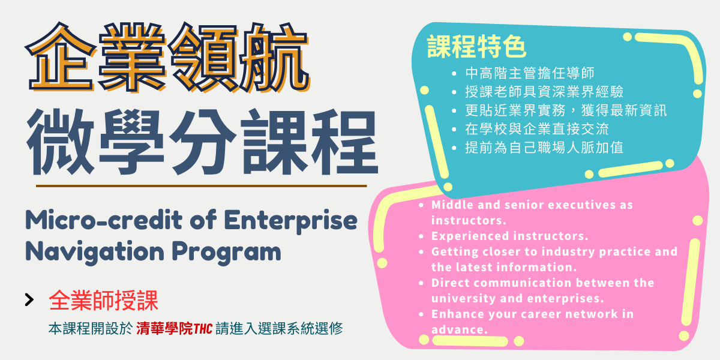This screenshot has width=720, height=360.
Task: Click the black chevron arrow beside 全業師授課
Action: (29, 299)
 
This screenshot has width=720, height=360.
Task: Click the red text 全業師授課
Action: (103, 300)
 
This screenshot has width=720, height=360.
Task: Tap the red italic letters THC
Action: (203, 329)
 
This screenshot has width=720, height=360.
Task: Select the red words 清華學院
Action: (164, 329)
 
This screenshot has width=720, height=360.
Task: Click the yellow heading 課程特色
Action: (476, 47)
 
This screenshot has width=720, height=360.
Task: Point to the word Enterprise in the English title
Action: (290, 221)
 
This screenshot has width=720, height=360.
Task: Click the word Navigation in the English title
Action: (95, 252)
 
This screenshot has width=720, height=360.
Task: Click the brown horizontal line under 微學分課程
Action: (201, 186)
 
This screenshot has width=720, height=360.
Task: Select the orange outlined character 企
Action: (61, 57)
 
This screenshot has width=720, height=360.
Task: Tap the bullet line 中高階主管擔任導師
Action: (530, 73)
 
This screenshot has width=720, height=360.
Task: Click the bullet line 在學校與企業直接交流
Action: (537, 129)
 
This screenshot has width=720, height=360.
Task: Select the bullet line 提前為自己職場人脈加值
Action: (544, 148)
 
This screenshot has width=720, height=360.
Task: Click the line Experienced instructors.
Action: (510, 236)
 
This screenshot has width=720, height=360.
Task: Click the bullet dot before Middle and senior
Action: (421, 205)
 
